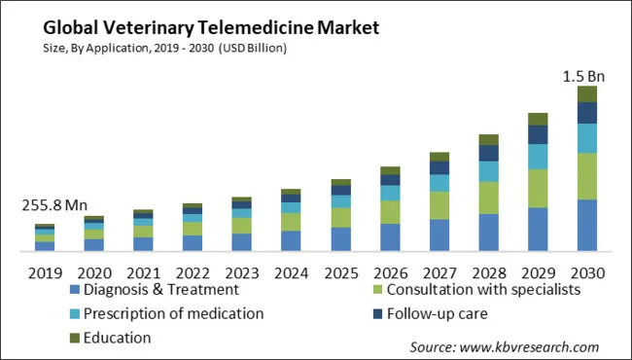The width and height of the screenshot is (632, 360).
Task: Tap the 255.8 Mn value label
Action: (54, 205)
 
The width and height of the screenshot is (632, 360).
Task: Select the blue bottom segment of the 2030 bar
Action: (587, 226)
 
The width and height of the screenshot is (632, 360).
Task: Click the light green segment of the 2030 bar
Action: (587, 176)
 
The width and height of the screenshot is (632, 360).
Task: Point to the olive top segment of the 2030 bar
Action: (587, 93)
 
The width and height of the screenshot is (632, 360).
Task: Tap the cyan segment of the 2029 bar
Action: (538, 157)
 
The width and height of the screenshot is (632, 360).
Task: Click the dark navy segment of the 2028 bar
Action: (488, 153)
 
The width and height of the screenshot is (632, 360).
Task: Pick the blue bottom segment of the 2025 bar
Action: (340, 239)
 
